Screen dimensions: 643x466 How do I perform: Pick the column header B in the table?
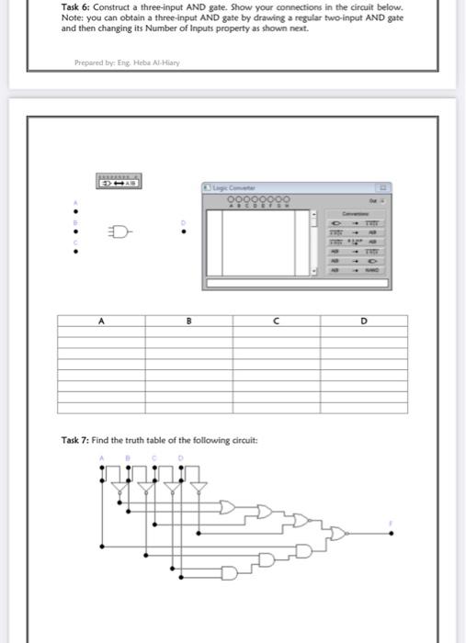pyautogui.click(x=188, y=321)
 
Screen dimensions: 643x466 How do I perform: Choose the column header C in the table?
pyautogui.click(x=276, y=321)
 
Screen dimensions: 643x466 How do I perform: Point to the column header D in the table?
pyautogui.click(x=364, y=321)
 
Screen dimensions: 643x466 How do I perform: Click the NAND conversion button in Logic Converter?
pyautogui.click(x=370, y=271)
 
